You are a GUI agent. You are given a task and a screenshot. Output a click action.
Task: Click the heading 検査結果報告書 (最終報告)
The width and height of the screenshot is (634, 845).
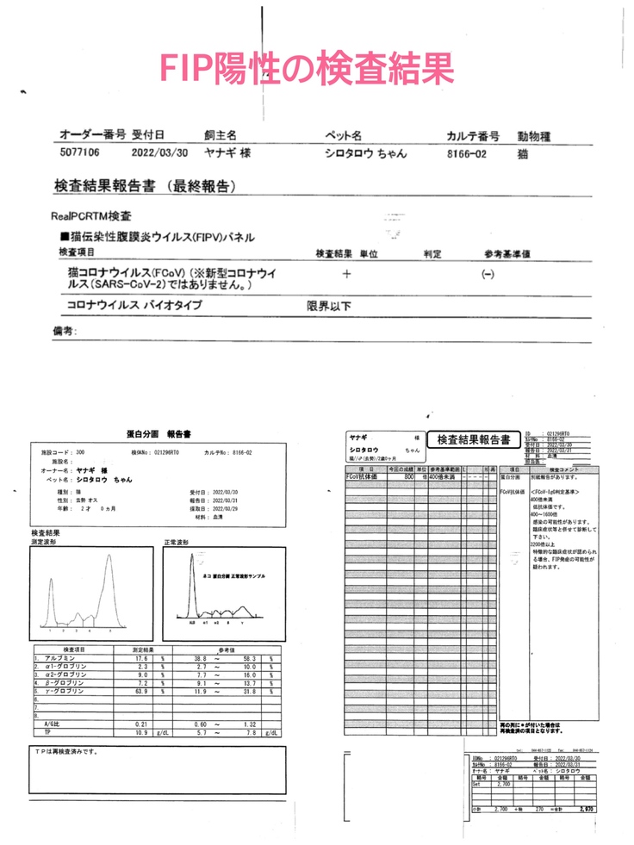click(x=145, y=186)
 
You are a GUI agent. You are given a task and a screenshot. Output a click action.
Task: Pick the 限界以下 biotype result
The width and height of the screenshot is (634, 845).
click(x=329, y=306)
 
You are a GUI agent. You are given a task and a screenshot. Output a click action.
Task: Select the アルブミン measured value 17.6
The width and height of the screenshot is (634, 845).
click(x=141, y=658)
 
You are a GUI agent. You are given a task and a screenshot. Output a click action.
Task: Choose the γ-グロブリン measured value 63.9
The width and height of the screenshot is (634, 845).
click(x=141, y=692)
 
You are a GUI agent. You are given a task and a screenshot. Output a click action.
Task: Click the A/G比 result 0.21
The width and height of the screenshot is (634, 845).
click(x=142, y=724)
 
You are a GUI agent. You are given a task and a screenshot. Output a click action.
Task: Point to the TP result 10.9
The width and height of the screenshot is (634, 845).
click(x=141, y=732)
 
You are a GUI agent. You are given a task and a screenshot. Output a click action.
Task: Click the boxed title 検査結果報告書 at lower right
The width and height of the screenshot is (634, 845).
click(x=473, y=440)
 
